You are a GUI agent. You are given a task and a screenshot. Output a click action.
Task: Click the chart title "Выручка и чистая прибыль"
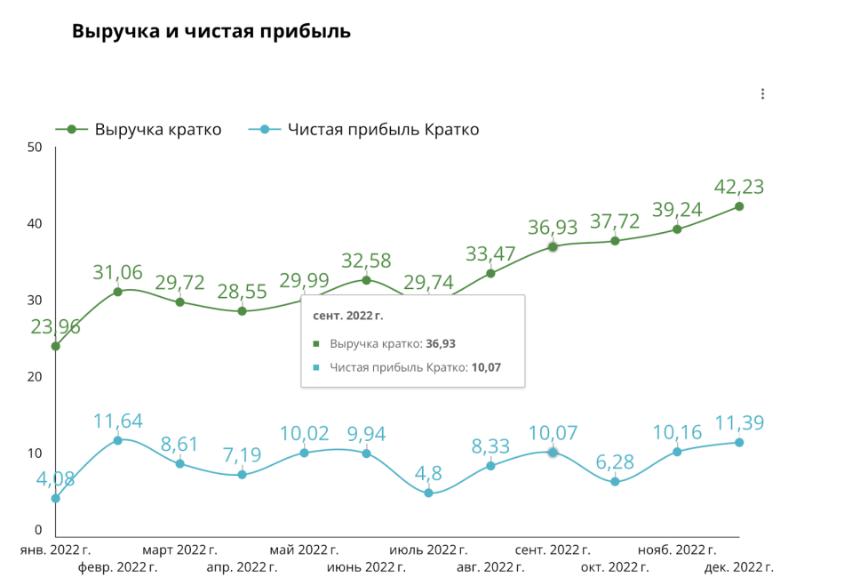tap(211, 31)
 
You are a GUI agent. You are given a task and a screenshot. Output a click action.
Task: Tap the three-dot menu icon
tap(762, 94)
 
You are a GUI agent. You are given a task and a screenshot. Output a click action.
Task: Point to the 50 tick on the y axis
tap(35, 147)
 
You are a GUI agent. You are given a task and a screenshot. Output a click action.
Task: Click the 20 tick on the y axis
tap(35, 377)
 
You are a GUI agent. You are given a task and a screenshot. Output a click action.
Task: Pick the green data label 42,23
tap(739, 187)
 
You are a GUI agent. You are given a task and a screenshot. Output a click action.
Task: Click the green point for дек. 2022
tap(739, 206)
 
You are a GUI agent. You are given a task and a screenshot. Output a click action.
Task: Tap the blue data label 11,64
tap(117, 421)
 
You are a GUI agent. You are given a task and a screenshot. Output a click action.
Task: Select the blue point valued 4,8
tap(428, 493)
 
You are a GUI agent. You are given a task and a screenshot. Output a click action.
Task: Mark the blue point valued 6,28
tap(615, 482)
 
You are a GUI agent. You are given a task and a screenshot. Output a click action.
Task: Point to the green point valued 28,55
tap(242, 311)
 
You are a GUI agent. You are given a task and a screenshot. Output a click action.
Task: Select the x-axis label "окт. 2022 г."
tap(616, 566)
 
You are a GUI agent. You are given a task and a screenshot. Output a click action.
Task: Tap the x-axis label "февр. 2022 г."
tap(118, 566)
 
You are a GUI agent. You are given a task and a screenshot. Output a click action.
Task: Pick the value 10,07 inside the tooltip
tap(485, 366)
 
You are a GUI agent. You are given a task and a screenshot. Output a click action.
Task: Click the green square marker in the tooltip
tap(316, 343)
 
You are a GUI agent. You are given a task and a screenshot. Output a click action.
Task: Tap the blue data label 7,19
tap(242, 455)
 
